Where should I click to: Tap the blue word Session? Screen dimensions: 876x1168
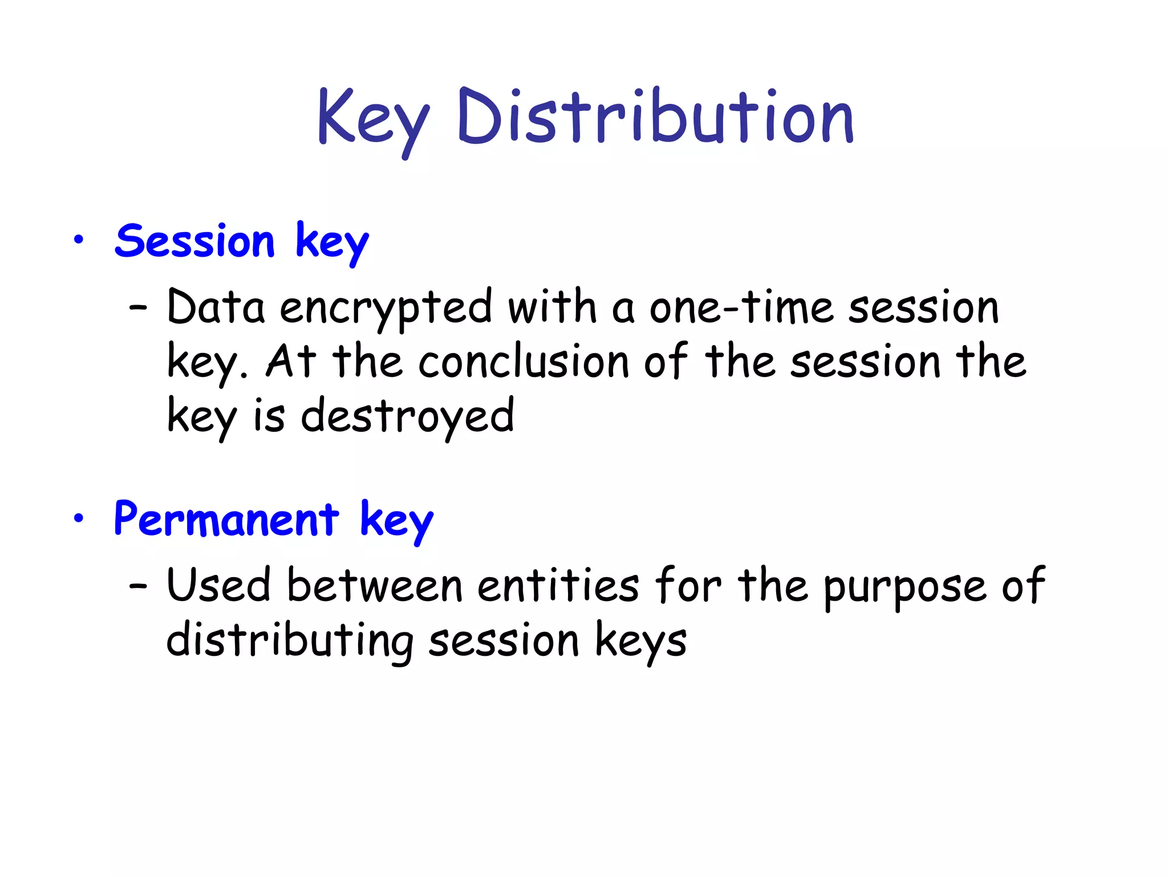click(195, 241)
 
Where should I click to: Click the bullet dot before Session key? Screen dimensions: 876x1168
click(79, 240)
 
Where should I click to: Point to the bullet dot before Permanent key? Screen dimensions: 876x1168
click(79, 518)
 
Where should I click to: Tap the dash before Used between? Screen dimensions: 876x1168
click(138, 586)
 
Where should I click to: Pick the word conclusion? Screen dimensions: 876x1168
click(524, 362)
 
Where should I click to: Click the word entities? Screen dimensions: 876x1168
click(558, 586)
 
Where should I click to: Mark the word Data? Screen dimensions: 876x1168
click(216, 308)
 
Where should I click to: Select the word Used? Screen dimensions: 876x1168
click(218, 586)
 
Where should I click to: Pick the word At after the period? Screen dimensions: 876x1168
click(290, 362)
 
